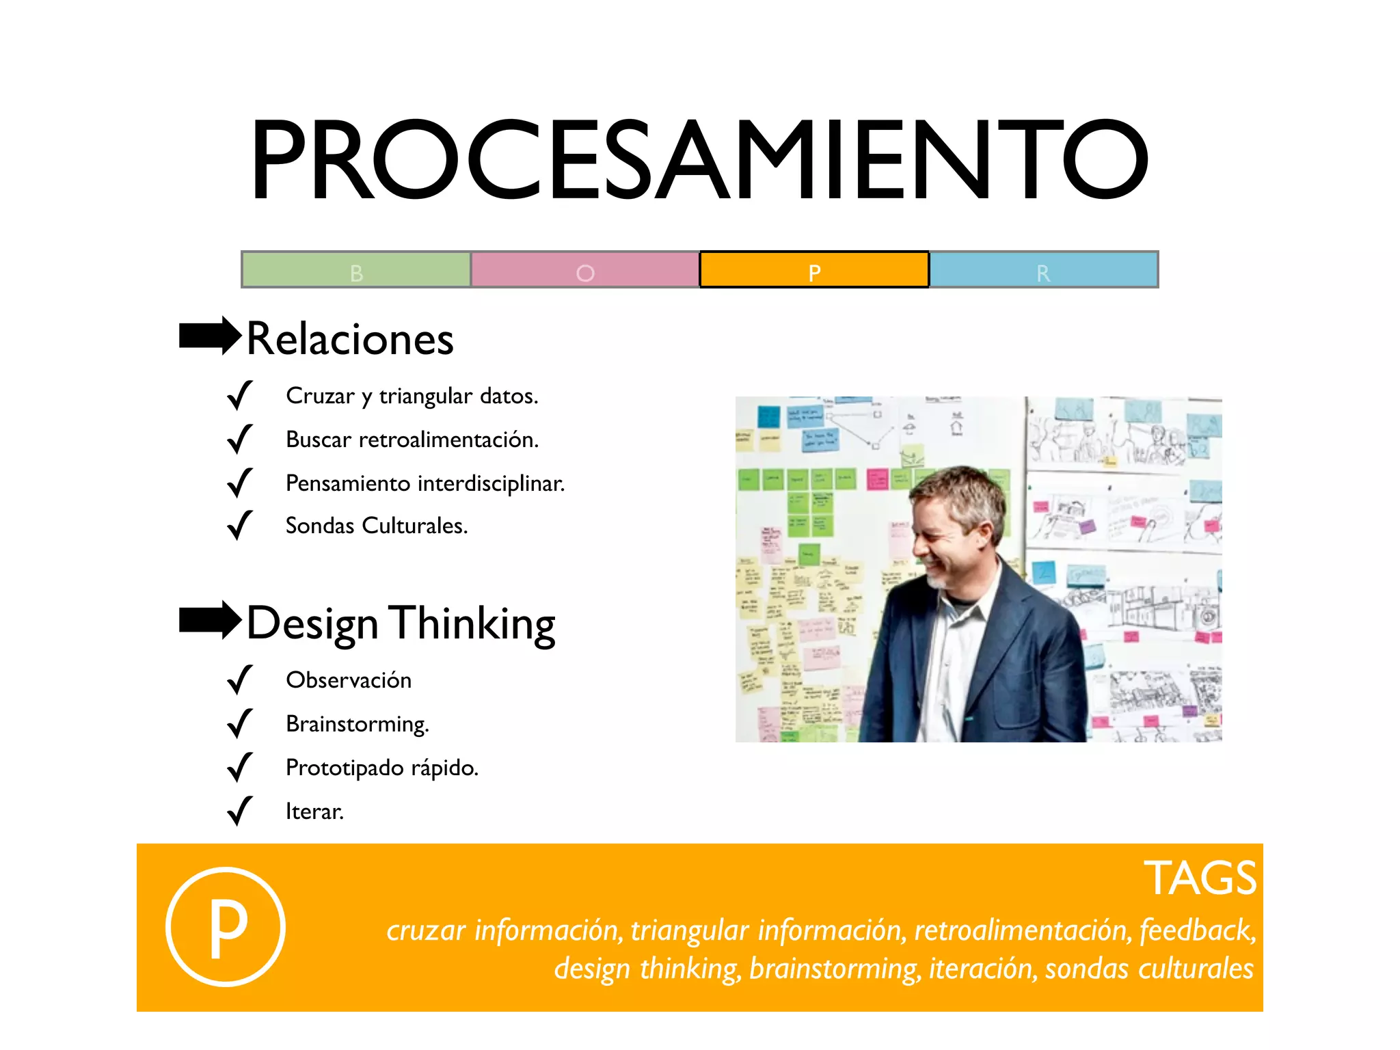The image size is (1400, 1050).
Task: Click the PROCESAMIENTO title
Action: click(699, 160)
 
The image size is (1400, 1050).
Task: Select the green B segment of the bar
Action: click(356, 270)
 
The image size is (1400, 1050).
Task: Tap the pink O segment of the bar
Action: click(585, 270)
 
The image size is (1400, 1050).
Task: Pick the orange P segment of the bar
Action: click(814, 270)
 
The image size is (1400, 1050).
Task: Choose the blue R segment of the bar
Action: click(1044, 270)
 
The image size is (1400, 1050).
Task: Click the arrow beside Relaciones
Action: click(210, 336)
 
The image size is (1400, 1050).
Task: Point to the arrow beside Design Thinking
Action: click(210, 620)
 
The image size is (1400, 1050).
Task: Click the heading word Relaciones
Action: click(350, 339)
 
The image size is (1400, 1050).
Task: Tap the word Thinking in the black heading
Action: click(473, 623)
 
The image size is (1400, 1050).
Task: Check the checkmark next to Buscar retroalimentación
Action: click(239, 440)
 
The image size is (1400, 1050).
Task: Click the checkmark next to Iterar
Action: click(239, 811)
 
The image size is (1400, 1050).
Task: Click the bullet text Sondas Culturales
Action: click(377, 526)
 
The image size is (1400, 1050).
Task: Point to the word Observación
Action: click(349, 680)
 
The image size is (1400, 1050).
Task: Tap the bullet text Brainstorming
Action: click(358, 724)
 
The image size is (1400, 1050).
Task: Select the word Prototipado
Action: click(345, 768)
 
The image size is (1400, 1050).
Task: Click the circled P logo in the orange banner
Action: click(226, 927)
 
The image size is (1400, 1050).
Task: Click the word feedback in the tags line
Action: click(1197, 930)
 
